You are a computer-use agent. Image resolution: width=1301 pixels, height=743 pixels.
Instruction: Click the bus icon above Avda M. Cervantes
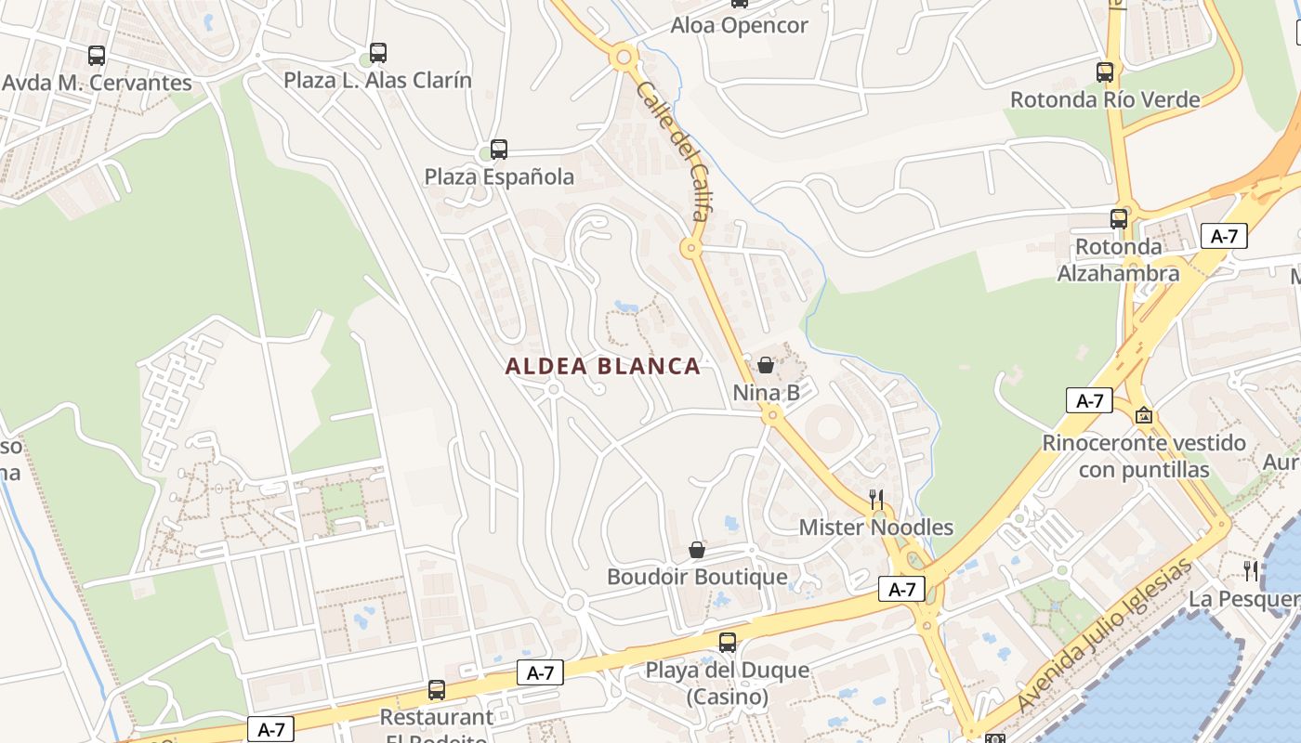click(x=97, y=56)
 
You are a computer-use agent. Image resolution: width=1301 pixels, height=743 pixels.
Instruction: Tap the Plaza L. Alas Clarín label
click(x=377, y=81)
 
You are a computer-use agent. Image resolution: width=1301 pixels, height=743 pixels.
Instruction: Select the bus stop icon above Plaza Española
click(x=499, y=149)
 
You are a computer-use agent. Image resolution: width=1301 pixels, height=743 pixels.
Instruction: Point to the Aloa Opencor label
click(x=739, y=26)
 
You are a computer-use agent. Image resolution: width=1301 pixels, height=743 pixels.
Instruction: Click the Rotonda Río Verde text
click(x=1105, y=99)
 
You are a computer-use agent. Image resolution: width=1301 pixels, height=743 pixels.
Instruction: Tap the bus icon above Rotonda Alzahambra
click(x=1119, y=219)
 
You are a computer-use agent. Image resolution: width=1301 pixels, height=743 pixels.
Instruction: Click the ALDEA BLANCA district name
click(x=603, y=367)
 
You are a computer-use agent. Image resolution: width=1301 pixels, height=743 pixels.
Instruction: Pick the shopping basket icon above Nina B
click(x=766, y=365)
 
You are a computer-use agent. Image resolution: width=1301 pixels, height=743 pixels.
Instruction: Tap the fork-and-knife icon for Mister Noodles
click(x=875, y=499)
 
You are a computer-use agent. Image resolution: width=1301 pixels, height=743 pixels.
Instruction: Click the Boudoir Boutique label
click(x=697, y=577)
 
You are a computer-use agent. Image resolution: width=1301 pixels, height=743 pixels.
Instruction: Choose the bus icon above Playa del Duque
click(x=728, y=642)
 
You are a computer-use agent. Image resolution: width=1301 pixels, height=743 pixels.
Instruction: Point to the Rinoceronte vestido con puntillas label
click(x=1143, y=456)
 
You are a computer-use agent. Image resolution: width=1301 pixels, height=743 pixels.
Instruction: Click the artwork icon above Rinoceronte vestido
click(x=1143, y=415)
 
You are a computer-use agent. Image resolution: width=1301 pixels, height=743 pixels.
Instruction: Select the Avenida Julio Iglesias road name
click(x=1104, y=636)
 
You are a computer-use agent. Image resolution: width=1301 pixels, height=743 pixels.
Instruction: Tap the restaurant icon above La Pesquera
click(x=1251, y=569)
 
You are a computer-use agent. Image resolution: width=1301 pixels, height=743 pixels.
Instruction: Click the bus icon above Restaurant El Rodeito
click(x=437, y=690)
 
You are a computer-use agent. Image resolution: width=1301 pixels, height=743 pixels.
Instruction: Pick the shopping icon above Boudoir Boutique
click(x=697, y=550)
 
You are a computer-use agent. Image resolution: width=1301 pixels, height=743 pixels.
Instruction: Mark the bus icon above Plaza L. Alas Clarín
click(x=377, y=53)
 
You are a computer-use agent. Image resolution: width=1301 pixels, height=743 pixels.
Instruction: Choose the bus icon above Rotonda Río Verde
click(x=1105, y=72)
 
